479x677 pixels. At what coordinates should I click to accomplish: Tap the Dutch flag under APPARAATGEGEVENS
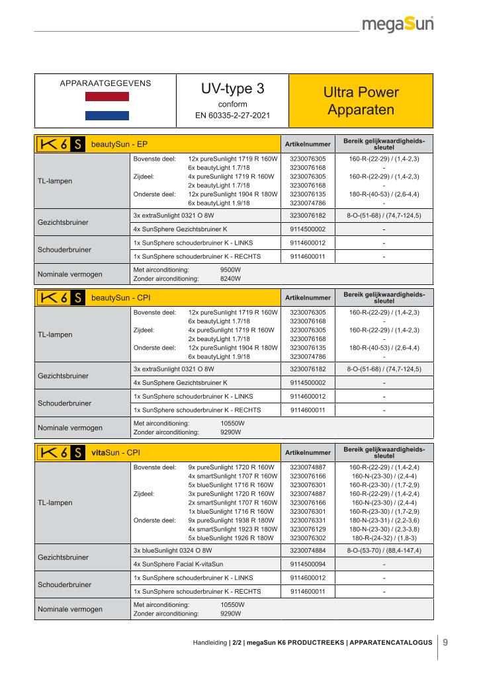coord(107,106)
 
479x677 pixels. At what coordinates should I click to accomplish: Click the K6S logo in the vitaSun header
coord(60,453)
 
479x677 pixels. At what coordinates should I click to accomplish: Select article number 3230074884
coord(308,550)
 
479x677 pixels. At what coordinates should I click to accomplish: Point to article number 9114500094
coord(308,564)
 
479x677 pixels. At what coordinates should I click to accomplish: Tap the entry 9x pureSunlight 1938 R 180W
coord(232,520)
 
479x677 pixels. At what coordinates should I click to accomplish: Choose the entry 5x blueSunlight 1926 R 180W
coord(232,538)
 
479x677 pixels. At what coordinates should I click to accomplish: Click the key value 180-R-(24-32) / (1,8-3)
coord(384,538)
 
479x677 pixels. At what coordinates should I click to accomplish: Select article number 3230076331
coord(308,520)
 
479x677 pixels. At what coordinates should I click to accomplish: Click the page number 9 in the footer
coord(445,641)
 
